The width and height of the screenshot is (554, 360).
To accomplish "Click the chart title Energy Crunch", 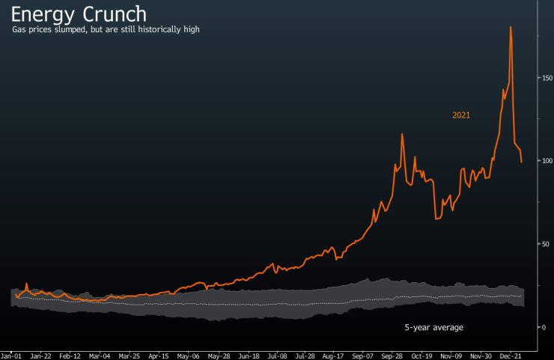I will click(79, 13).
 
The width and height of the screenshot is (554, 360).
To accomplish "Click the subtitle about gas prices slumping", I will click(106, 29).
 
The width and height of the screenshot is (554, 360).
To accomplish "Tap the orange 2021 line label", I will click(461, 115).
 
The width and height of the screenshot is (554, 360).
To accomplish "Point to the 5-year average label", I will click(434, 328).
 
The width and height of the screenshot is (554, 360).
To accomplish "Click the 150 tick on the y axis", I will click(548, 78).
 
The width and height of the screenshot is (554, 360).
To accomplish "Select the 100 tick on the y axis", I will click(548, 161).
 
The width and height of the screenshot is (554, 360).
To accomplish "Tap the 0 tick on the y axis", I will click(544, 327).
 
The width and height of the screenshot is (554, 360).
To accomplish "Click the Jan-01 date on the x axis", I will click(11, 356).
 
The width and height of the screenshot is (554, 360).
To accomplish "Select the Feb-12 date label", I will click(70, 356).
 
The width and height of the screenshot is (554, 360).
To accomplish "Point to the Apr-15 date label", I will click(159, 356).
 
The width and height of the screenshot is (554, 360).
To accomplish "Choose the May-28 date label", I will click(218, 356).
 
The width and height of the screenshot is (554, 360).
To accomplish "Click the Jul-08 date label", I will click(278, 356).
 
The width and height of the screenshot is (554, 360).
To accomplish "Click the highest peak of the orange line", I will click(511, 27).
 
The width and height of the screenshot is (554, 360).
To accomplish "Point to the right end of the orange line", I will click(522, 162).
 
